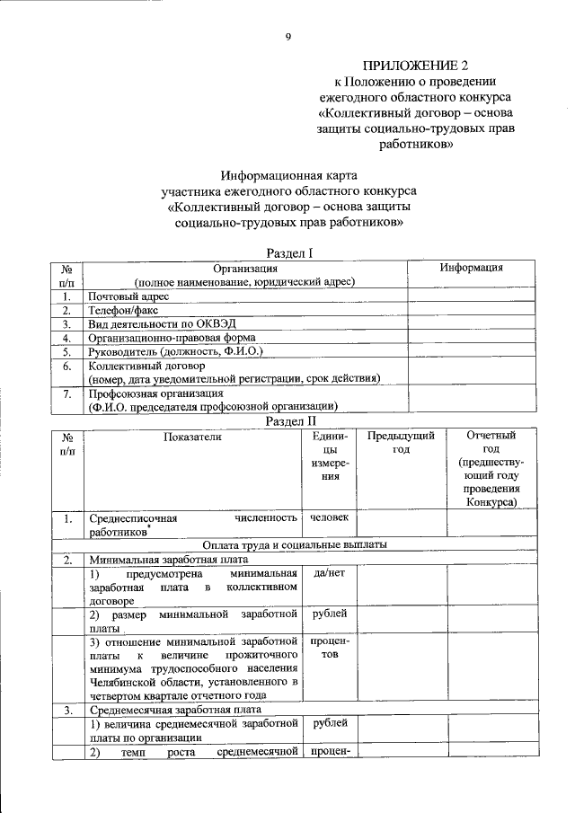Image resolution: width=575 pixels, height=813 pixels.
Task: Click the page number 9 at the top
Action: pyautogui.click(x=287, y=37)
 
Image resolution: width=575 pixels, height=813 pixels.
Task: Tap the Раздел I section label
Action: pyautogui.click(x=287, y=254)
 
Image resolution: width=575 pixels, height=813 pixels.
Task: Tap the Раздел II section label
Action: pyautogui.click(x=287, y=420)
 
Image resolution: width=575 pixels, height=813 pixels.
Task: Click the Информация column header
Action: pyautogui.click(x=471, y=268)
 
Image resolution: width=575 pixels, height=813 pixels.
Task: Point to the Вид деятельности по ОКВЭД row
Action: pyautogui.click(x=162, y=323)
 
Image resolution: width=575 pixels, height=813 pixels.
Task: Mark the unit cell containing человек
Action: pyautogui.click(x=329, y=517)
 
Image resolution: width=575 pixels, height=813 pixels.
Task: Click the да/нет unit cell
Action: pyautogui.click(x=329, y=572)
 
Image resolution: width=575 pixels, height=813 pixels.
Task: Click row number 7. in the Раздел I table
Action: pyautogui.click(x=66, y=394)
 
